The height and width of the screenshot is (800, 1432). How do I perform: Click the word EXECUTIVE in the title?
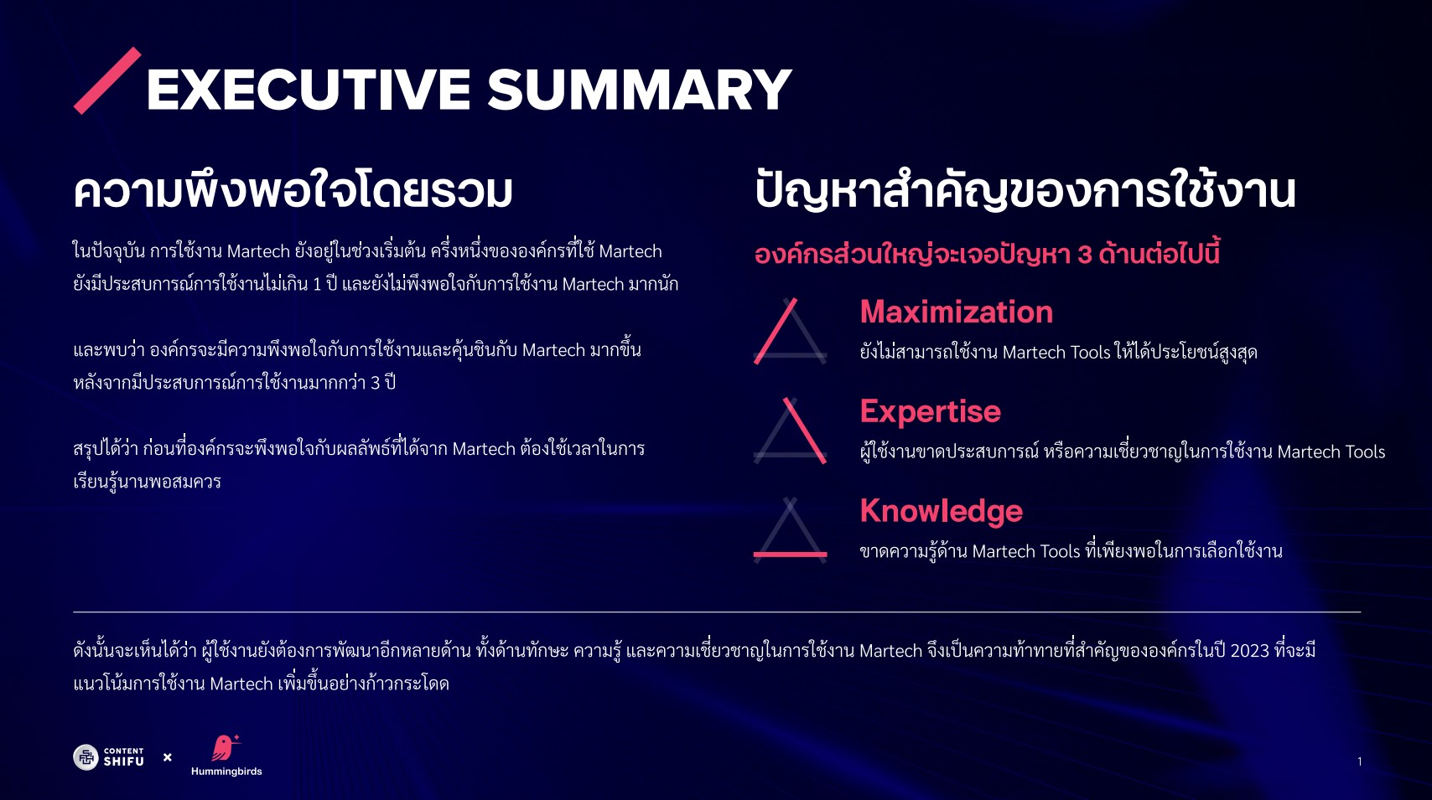309,90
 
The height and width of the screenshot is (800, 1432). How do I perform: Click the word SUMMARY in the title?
640,90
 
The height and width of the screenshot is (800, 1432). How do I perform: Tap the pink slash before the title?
107,80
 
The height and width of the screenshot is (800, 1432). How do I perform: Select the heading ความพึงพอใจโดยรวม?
293,190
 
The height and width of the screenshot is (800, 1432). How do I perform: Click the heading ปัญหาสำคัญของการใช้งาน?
1025,190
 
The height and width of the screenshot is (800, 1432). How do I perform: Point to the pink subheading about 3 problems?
987,254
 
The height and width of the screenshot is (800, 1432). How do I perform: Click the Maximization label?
957,312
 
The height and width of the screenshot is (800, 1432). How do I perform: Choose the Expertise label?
930,410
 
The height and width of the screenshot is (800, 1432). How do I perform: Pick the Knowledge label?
941,511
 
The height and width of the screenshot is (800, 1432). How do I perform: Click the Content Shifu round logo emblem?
86,758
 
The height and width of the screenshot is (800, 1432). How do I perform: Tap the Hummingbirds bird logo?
225,748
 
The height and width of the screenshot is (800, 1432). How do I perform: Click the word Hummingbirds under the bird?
226,772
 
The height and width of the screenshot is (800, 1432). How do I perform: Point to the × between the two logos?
168,757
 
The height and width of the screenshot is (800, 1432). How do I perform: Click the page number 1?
1360,761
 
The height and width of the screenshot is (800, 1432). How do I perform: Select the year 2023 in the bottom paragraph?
1250,651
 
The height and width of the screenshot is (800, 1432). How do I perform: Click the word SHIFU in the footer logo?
124,761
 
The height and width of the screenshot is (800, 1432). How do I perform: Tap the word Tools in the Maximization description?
1089,352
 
